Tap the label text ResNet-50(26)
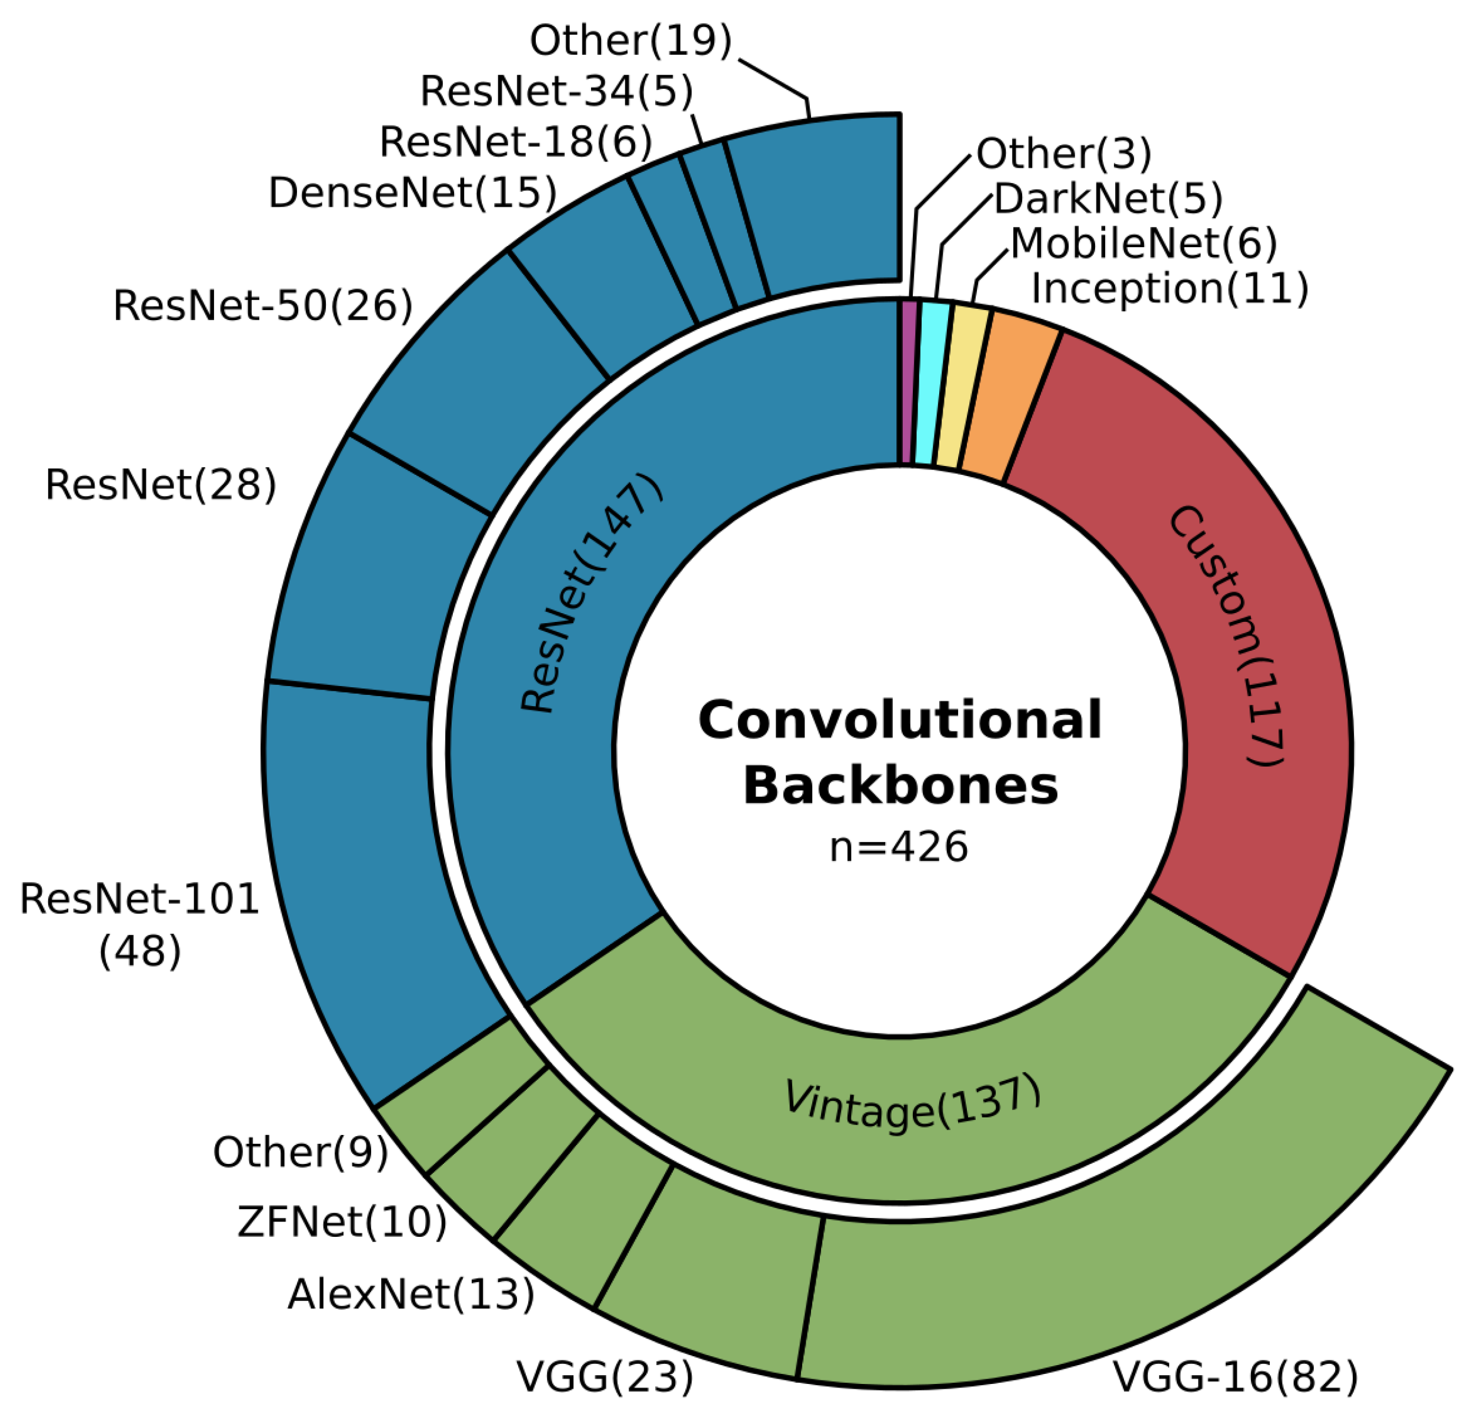[x=263, y=306]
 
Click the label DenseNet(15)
[x=412, y=193]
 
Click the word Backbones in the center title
[x=900, y=786]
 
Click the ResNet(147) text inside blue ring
[x=592, y=592]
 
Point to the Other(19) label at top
[x=630, y=40]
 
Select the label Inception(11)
[x=1169, y=288]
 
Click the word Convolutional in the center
[x=900, y=721]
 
